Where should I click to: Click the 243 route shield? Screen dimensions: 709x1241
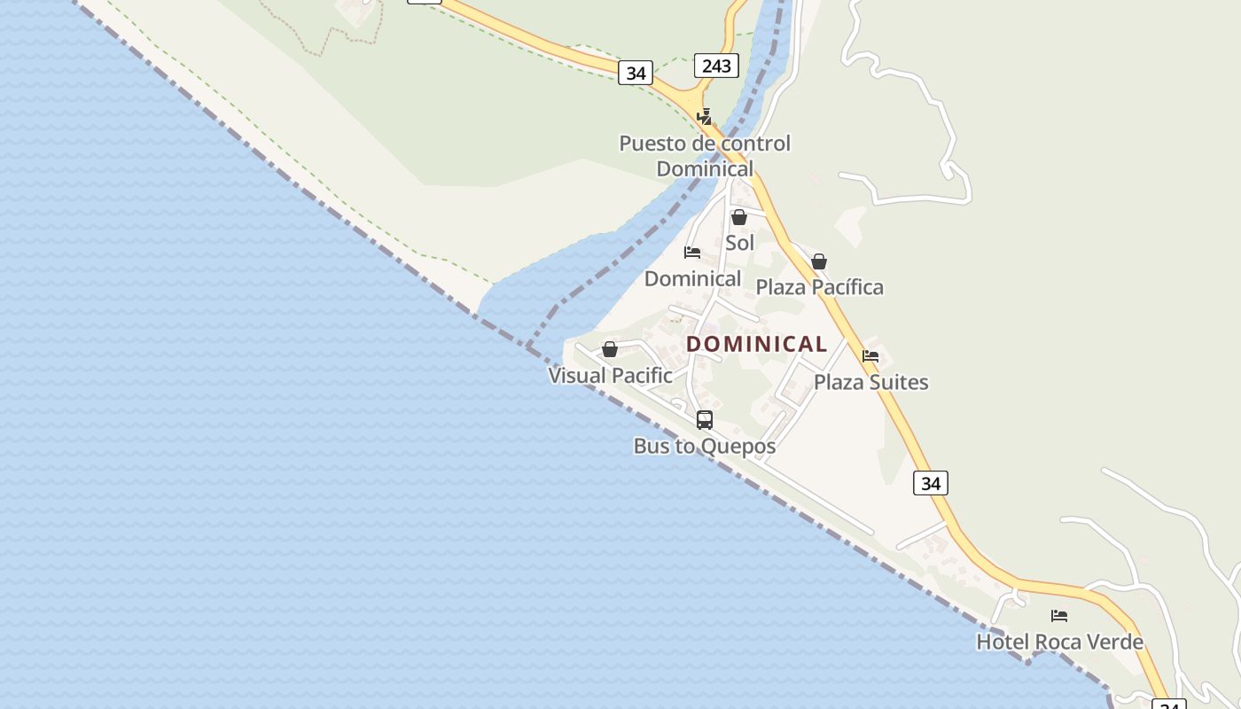pos(716,66)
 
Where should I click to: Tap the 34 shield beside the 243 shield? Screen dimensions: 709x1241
pos(636,73)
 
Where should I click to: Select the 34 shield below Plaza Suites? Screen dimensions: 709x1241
pos(931,483)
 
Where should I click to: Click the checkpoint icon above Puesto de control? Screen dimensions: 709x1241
pos(704,116)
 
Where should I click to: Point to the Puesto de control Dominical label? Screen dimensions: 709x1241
pos(705,156)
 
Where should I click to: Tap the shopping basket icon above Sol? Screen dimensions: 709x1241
pos(738,217)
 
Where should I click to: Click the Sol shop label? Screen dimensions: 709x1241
pos(740,243)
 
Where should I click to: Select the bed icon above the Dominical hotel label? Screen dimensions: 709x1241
pos(692,253)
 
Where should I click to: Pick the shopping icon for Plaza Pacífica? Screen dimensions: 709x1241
pos(819,261)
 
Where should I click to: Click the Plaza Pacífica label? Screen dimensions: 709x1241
pos(819,287)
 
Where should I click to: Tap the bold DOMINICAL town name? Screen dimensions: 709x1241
pos(757,344)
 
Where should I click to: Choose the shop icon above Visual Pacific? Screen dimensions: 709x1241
pos(610,349)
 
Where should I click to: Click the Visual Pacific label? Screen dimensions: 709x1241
pos(611,375)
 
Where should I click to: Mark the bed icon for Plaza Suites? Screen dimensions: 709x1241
pos(870,356)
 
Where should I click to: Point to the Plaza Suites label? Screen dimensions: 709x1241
pos(871,382)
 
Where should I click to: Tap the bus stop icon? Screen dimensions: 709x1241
pos(705,420)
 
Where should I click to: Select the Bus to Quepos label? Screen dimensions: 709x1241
pos(705,446)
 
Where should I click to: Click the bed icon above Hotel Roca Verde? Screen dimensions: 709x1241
pos(1059,616)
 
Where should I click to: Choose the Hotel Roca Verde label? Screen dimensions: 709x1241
pos(1059,642)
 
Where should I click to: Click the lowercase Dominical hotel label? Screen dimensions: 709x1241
pos(692,278)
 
